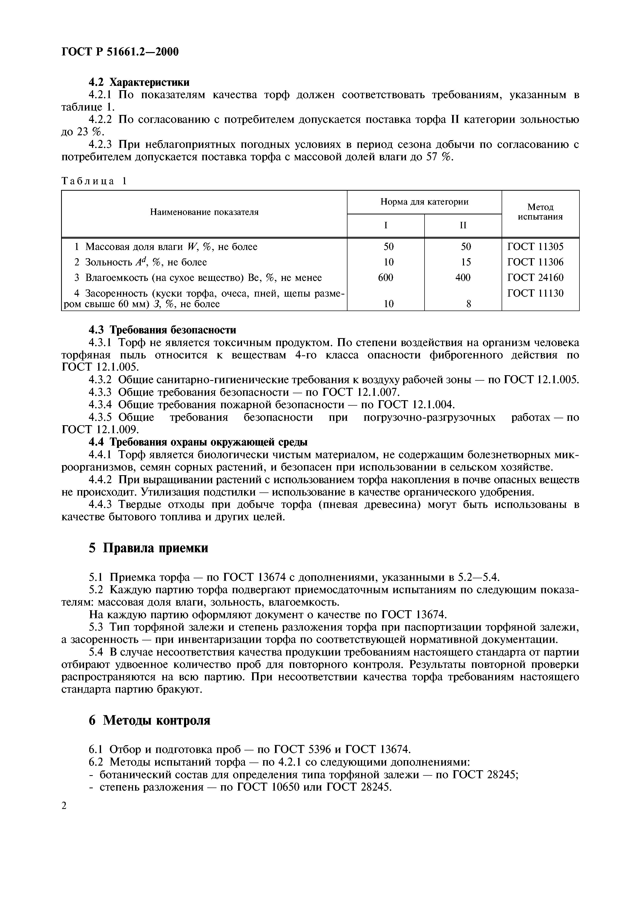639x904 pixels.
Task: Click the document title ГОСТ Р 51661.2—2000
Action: pyautogui.click(x=120, y=52)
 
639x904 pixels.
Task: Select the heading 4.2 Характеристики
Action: pyautogui.click(x=139, y=82)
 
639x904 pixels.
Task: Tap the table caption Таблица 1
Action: pyautogui.click(x=95, y=181)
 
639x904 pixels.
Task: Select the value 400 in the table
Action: pyautogui.click(x=463, y=278)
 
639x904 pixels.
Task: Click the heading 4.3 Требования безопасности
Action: pyautogui.click(x=162, y=330)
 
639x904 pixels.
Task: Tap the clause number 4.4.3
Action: pyautogui.click(x=100, y=505)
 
